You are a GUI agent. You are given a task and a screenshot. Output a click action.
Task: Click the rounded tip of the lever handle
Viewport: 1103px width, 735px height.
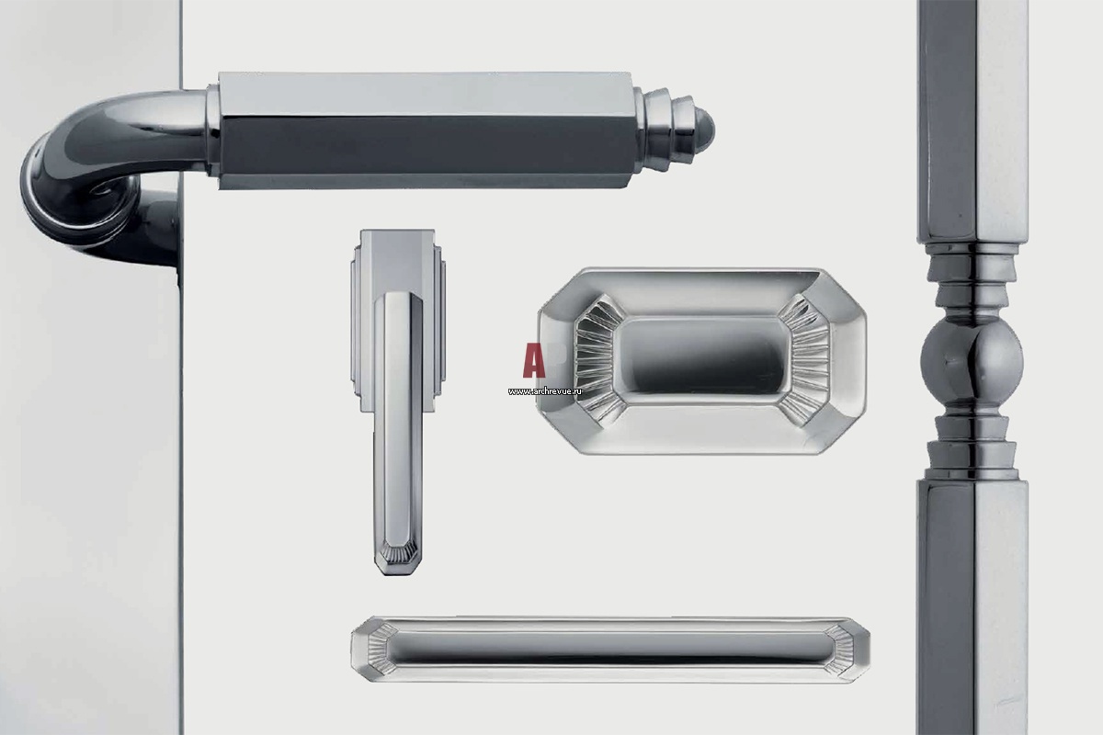[x=704, y=129]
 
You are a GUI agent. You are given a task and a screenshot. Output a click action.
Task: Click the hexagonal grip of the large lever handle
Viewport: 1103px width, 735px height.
[x=426, y=130]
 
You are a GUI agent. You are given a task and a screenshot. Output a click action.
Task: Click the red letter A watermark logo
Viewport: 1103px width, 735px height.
[x=533, y=361]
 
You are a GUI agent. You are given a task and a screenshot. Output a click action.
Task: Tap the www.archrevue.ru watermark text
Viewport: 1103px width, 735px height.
[x=545, y=391]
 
